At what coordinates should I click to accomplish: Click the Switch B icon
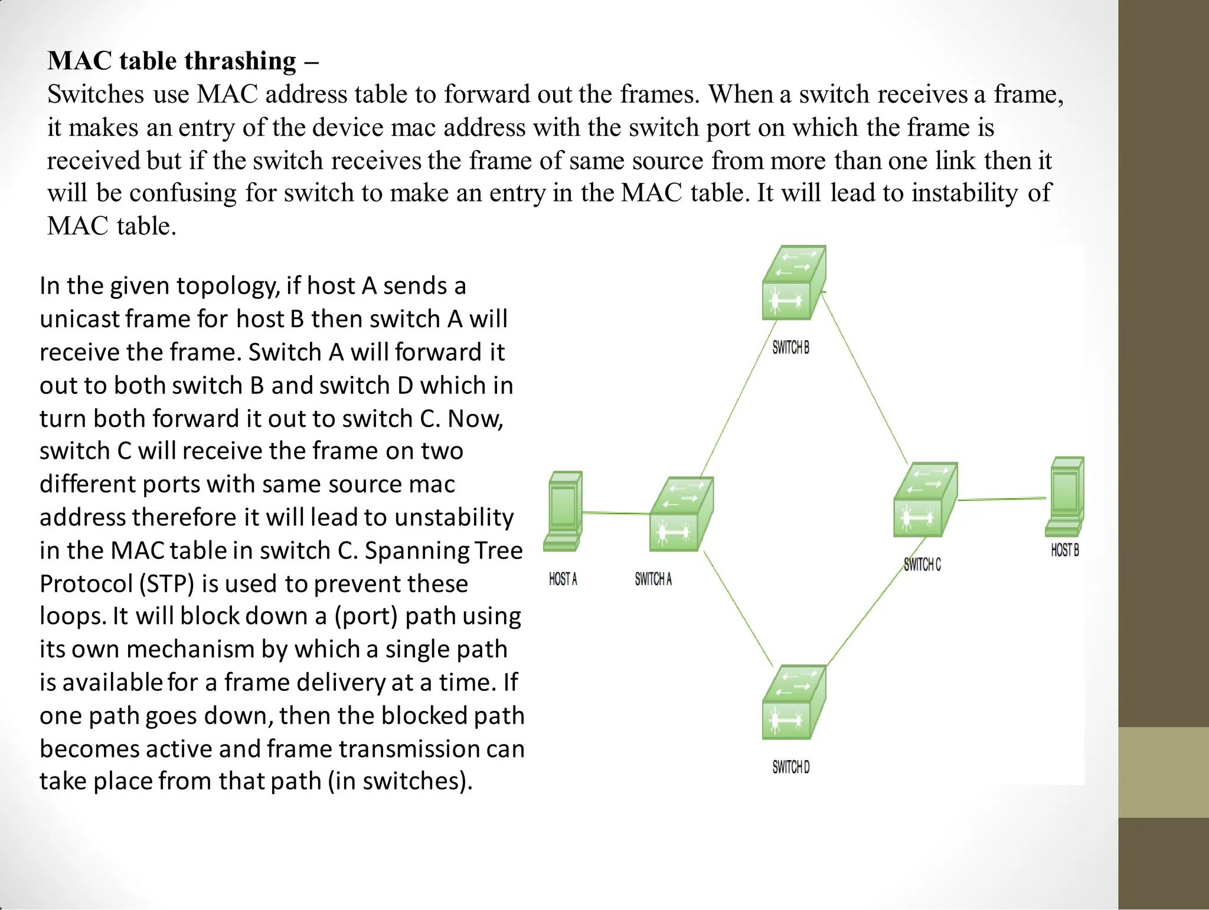click(x=793, y=283)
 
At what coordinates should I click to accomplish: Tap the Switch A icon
click(x=681, y=514)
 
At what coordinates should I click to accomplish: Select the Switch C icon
click(x=925, y=500)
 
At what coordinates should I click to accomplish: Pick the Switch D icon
click(x=793, y=702)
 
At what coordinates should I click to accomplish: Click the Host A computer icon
click(x=563, y=511)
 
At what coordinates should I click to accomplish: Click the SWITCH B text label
click(x=790, y=348)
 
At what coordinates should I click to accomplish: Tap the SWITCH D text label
click(x=790, y=767)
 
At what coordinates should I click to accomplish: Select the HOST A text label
click(x=563, y=579)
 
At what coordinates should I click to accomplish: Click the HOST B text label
click(x=1065, y=550)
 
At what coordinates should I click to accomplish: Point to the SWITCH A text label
click(x=653, y=579)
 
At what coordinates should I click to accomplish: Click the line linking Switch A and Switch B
click(x=738, y=399)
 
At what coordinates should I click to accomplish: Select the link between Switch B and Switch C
click(x=865, y=378)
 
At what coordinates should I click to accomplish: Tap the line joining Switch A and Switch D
click(x=738, y=608)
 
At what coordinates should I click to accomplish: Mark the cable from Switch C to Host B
click(x=1002, y=500)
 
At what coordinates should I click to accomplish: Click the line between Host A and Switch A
click(x=616, y=513)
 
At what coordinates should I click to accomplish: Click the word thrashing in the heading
click(x=240, y=61)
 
